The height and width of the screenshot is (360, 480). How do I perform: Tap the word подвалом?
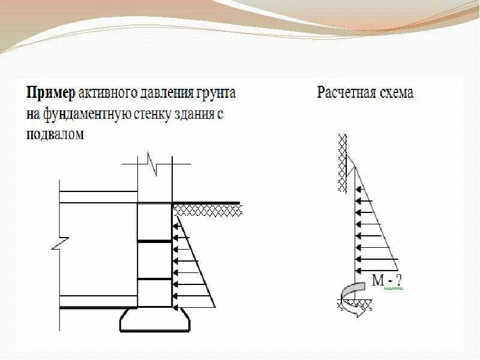tap(55, 134)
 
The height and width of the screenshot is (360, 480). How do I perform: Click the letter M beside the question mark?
tap(377, 279)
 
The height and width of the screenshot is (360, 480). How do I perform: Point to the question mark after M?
tap(398, 279)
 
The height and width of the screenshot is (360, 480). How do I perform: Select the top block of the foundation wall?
tap(155, 222)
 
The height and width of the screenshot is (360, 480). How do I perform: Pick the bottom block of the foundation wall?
tap(155, 294)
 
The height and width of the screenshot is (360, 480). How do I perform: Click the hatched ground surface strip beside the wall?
tap(208, 209)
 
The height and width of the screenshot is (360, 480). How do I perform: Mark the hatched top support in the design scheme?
tap(343, 162)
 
